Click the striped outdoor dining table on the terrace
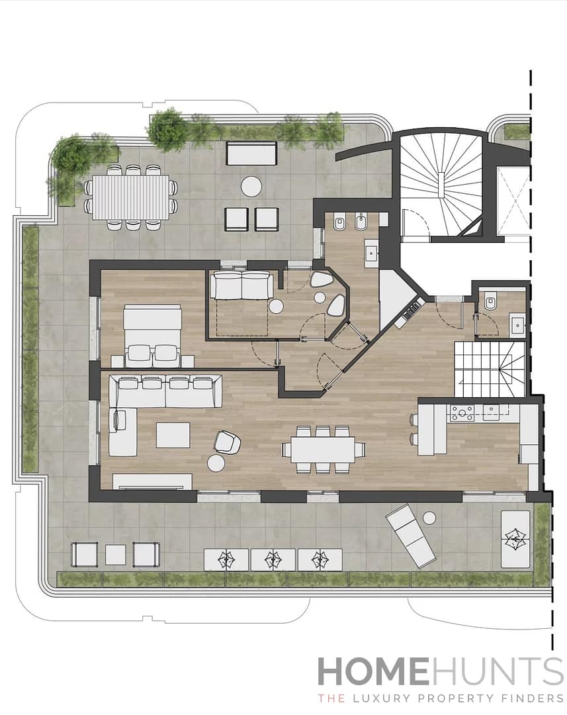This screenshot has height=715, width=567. (x=130, y=197)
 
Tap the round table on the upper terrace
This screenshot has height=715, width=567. (x=251, y=186)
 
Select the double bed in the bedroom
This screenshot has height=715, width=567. (x=152, y=331)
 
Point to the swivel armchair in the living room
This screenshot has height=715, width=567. (x=227, y=442)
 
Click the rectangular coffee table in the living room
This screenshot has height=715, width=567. (x=173, y=435)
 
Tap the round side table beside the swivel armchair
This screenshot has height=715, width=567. (x=216, y=463)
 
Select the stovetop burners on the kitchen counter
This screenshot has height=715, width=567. (x=462, y=412)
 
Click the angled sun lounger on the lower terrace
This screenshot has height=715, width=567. (x=411, y=535)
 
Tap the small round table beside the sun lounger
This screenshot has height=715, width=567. (x=429, y=517)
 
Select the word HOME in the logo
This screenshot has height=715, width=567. (x=372, y=672)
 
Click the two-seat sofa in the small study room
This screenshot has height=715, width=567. (x=241, y=286)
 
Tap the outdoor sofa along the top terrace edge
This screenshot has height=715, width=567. (x=251, y=153)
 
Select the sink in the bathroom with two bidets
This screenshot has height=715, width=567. (x=371, y=252)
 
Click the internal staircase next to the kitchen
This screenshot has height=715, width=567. (x=490, y=367)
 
